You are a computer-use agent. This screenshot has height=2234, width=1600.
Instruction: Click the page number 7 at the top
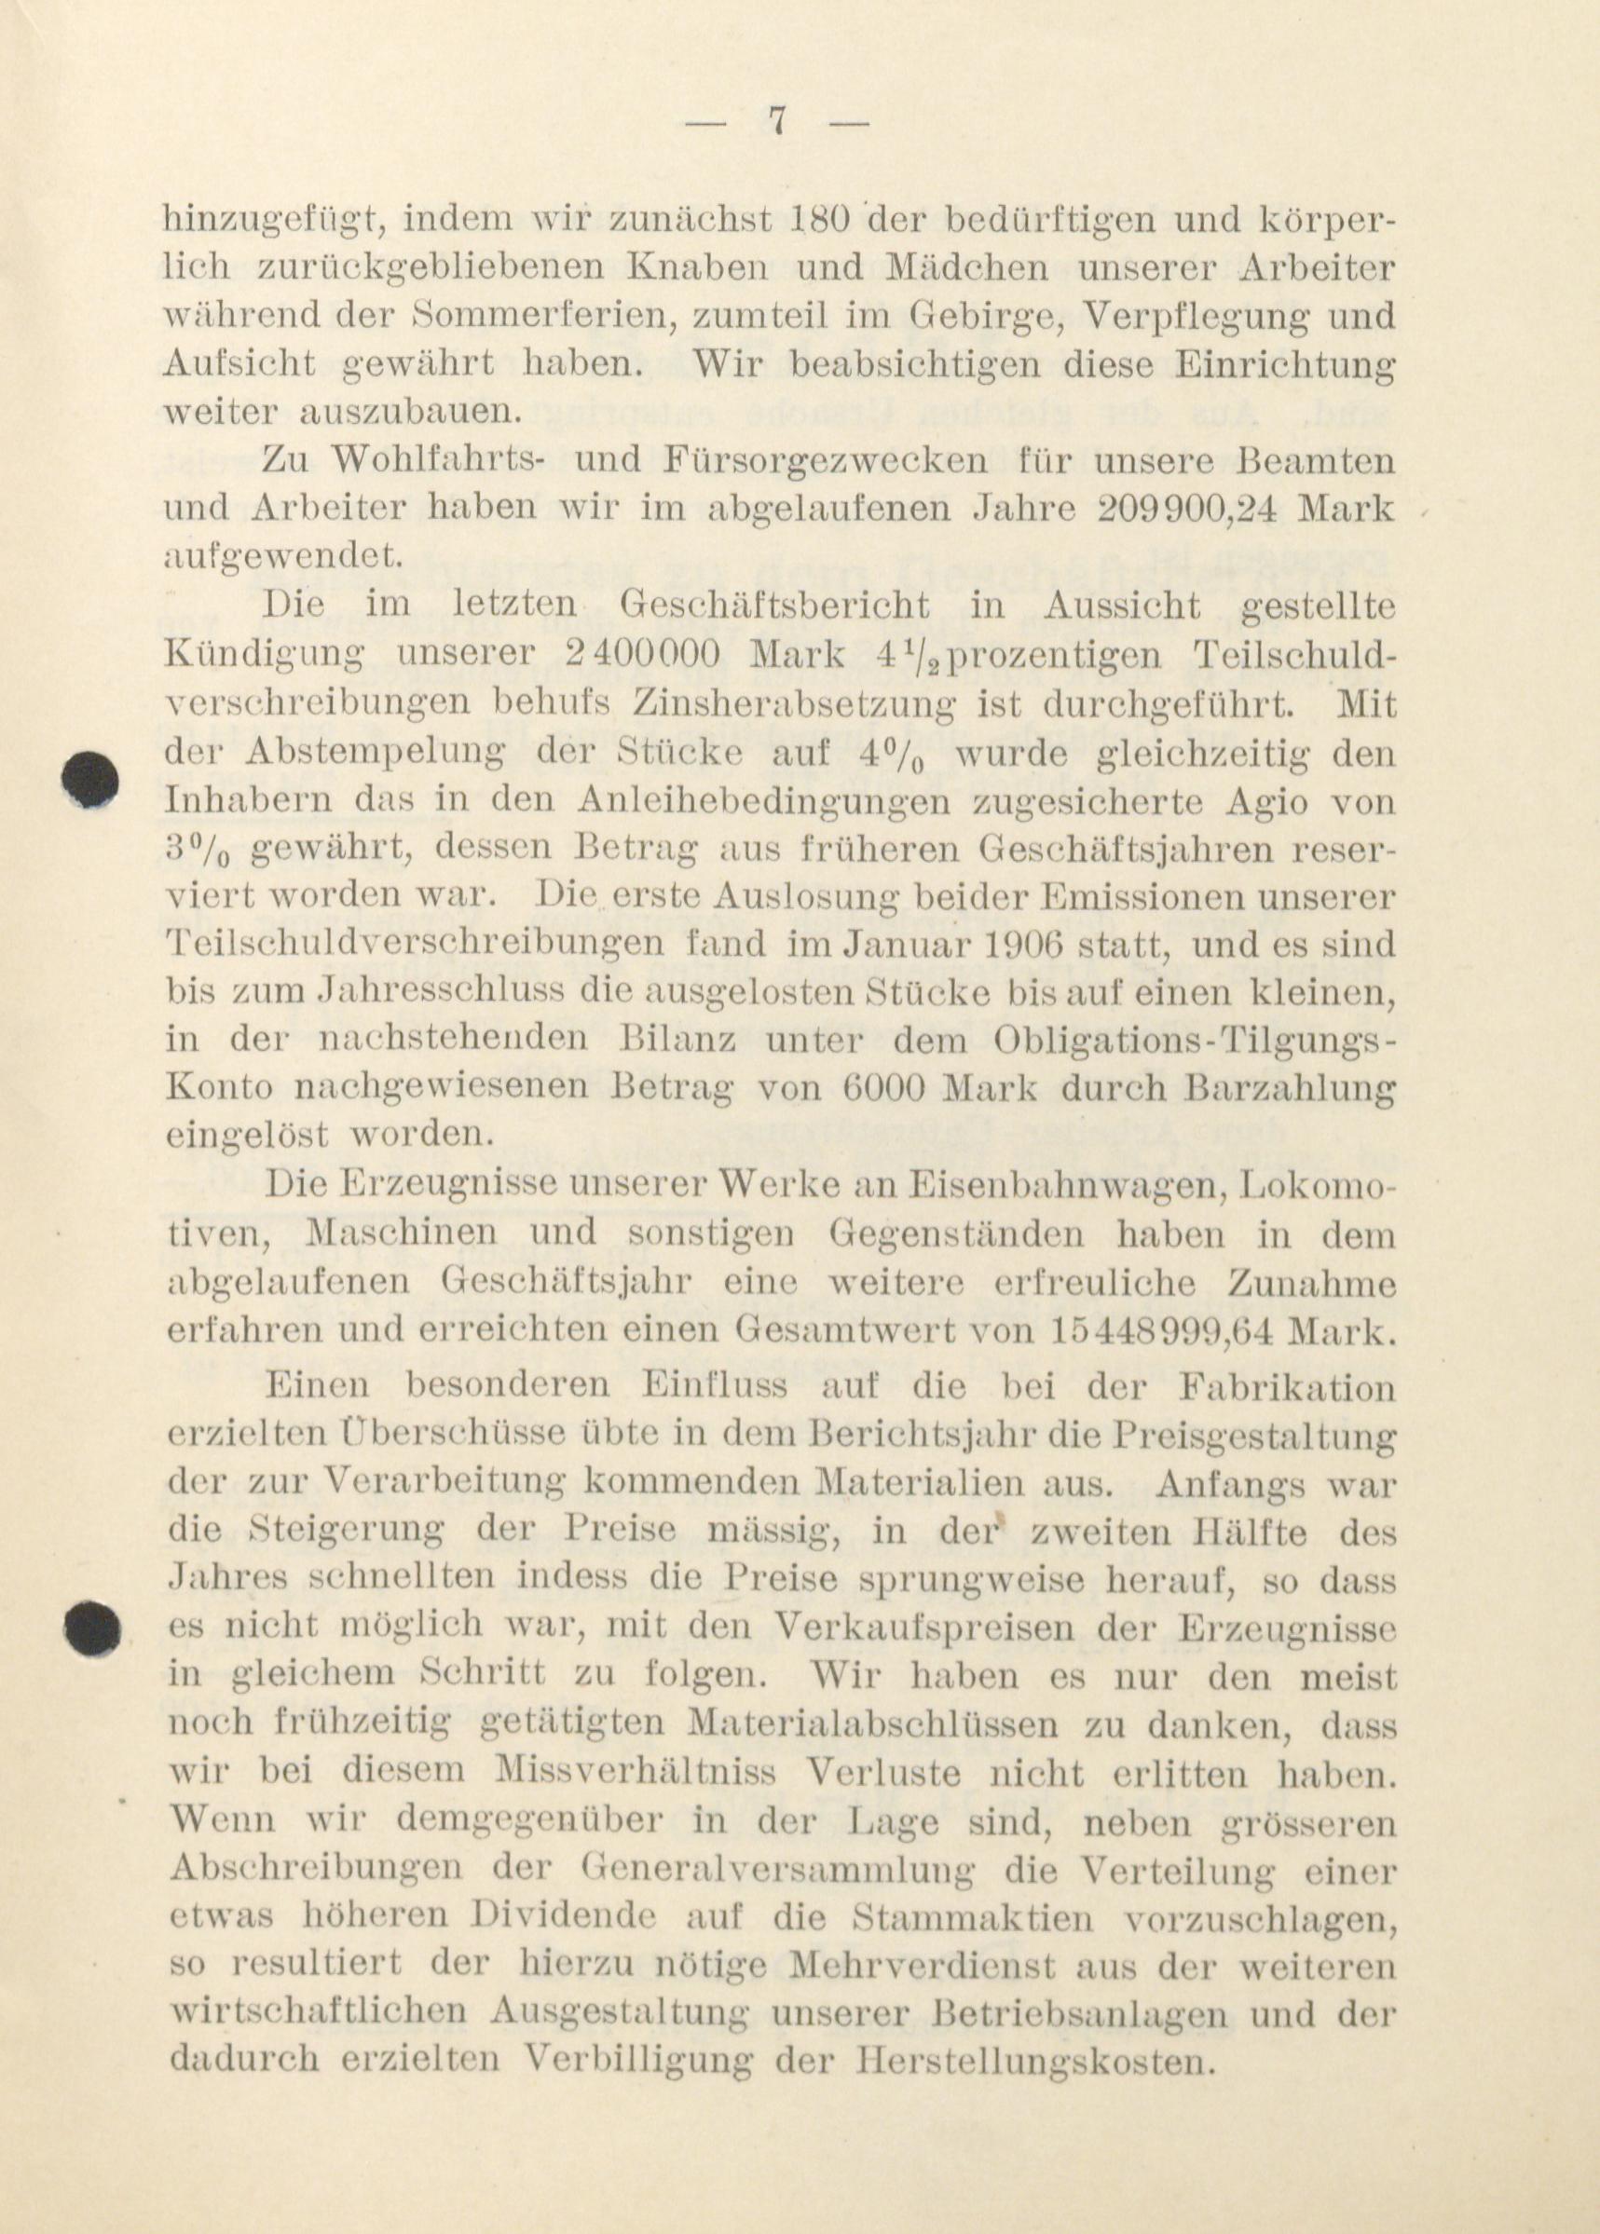click(777, 123)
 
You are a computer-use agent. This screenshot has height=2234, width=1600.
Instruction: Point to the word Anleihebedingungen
click(765, 801)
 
